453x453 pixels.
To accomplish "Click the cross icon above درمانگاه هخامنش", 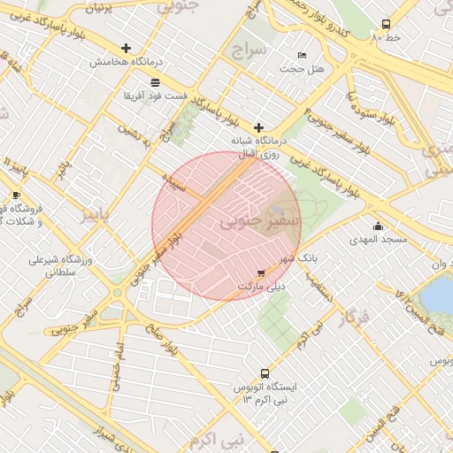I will click(126, 48).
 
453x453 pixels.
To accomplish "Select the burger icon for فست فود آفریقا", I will click(155, 81).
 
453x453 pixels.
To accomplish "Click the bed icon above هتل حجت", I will click(303, 55).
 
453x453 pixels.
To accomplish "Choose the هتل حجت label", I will click(303, 68).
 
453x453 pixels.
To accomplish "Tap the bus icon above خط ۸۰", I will click(385, 25).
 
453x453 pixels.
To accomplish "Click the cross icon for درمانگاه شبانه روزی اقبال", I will click(258, 127).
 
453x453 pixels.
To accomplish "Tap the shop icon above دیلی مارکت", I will click(260, 273).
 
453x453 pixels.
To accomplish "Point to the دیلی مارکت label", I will click(261, 287).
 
